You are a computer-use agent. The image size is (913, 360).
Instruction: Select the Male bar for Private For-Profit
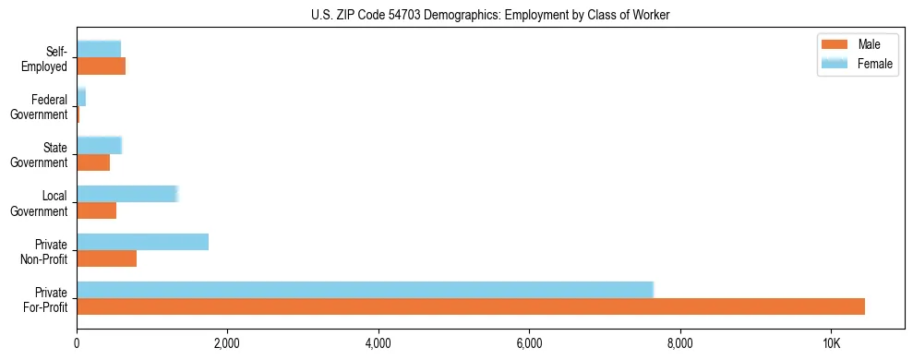[471, 306]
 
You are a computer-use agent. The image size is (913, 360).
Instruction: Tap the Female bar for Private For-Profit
[365, 290]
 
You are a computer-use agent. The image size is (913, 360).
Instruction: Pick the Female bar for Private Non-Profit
[142, 242]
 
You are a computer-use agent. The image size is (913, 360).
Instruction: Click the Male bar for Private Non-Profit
[106, 258]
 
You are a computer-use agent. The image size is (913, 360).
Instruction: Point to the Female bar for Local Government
[126, 194]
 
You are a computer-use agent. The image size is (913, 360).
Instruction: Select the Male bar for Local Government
[96, 210]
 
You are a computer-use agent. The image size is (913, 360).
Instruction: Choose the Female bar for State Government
[99, 145]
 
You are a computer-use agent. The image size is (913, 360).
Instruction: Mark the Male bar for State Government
[93, 162]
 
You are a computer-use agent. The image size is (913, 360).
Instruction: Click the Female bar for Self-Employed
[99, 49]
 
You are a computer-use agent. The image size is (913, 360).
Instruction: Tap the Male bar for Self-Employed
[101, 66]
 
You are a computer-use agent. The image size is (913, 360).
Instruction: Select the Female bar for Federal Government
[81, 97]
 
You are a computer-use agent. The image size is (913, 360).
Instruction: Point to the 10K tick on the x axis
[831, 342]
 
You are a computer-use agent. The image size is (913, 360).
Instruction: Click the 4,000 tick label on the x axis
[378, 342]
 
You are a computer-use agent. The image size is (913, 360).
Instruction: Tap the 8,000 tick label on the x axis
[679, 342]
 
